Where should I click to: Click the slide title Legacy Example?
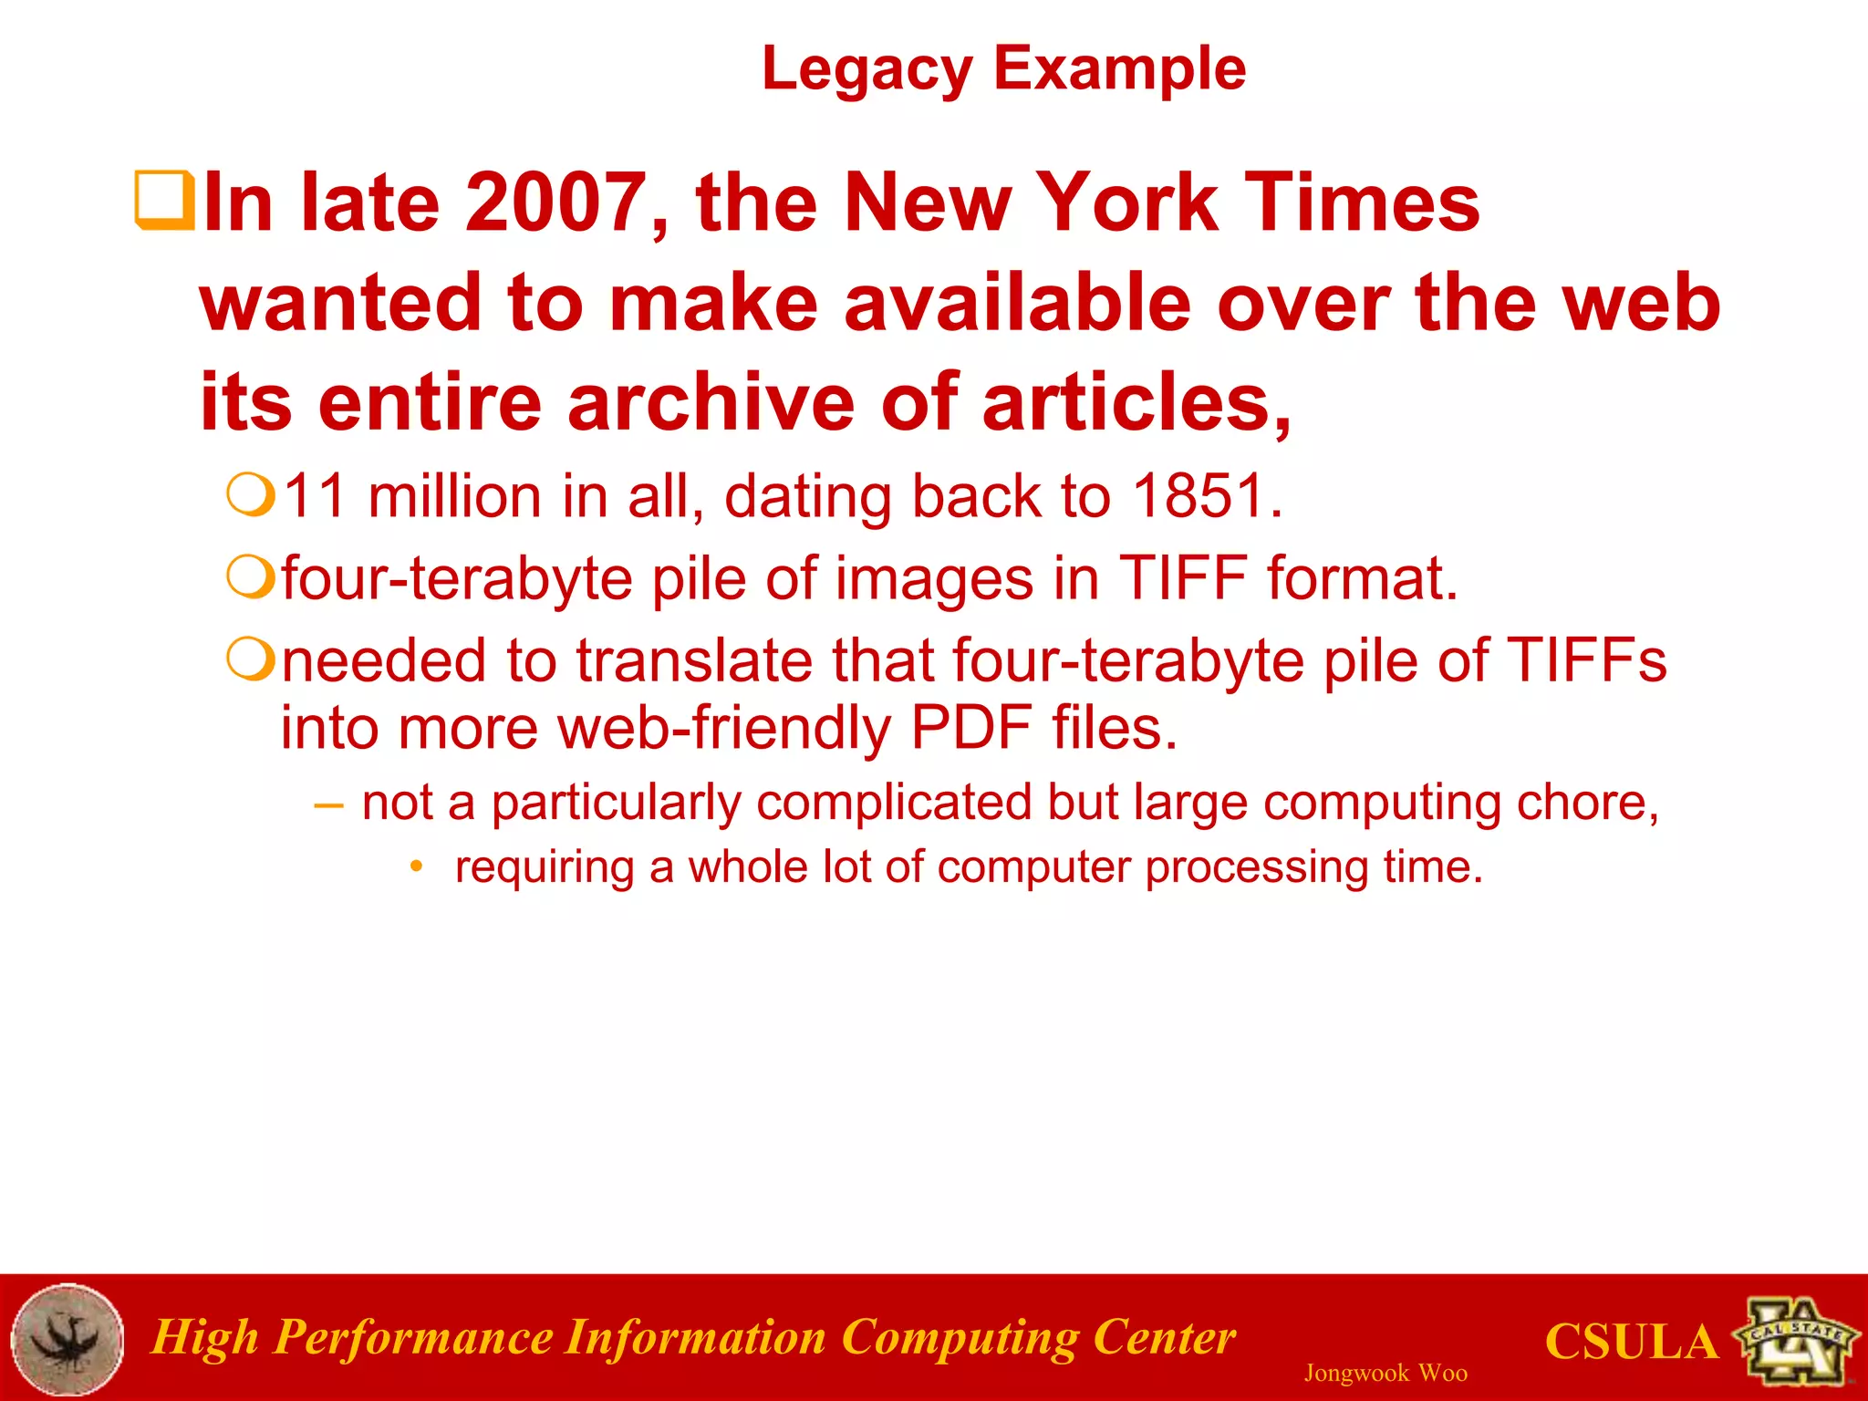tap(1003, 69)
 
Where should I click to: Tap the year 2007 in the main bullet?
tap(556, 202)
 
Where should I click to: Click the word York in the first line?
tap(1129, 202)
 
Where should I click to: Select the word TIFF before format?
tap(1183, 578)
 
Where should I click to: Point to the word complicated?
tap(893, 804)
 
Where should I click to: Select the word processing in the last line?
tap(1256, 867)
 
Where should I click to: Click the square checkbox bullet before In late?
tap(164, 200)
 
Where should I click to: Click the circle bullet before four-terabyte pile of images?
tap(250, 576)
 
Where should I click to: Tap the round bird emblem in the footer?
tap(67, 1339)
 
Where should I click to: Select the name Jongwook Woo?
tap(1385, 1374)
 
